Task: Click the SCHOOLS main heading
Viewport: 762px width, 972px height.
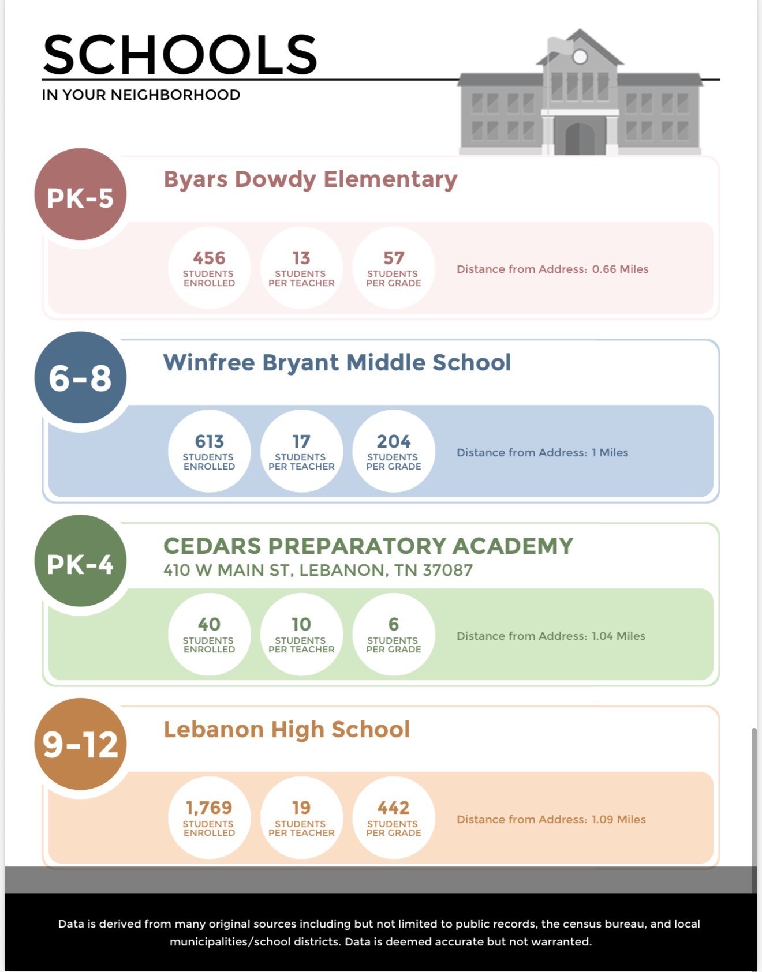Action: click(180, 54)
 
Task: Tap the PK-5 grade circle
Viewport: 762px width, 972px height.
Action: click(80, 194)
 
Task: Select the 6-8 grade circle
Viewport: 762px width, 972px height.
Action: click(80, 378)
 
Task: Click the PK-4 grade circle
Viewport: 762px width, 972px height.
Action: click(80, 561)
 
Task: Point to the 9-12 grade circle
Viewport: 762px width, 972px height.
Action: click(80, 744)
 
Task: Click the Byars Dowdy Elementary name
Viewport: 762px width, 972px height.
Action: click(310, 179)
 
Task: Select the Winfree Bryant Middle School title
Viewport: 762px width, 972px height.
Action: click(337, 363)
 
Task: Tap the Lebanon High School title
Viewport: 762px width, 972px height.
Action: click(286, 730)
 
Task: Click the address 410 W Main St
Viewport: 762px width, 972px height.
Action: click(317, 571)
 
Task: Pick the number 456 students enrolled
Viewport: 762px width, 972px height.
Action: click(209, 258)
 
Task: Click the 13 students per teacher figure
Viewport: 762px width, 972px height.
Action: click(301, 258)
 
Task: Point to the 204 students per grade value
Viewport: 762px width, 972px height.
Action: click(393, 441)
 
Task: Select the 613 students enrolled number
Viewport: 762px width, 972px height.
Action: click(209, 441)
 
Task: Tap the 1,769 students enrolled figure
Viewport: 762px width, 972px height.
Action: click(209, 808)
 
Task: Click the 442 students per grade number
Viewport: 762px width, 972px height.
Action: click(393, 808)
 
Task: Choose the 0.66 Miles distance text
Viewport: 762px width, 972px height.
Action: click(620, 269)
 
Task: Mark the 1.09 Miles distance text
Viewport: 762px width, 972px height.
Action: click(618, 820)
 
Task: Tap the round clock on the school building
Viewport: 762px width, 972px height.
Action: click(580, 57)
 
